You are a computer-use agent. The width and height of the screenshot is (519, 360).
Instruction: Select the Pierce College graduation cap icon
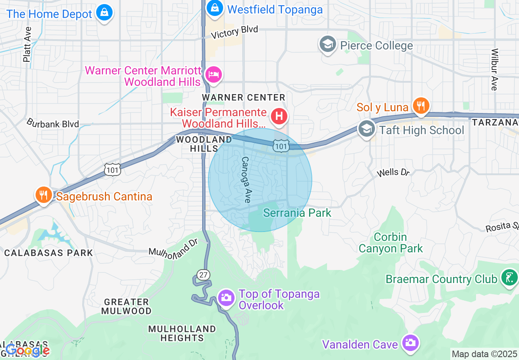327,45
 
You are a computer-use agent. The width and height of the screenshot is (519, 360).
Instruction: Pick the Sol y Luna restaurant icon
420,106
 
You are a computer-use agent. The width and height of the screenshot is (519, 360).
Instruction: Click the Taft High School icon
366,129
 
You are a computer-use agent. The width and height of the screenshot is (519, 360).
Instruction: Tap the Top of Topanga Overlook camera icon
226,298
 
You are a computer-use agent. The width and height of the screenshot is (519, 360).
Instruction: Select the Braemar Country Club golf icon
509,278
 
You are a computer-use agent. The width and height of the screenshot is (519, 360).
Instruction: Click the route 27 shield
203,274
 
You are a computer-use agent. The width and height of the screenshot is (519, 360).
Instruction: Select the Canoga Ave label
246,180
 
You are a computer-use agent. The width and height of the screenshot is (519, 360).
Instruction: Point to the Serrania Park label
297,213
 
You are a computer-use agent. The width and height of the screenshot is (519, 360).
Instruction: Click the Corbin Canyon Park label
390,243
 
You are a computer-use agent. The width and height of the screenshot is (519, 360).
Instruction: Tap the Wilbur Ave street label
494,70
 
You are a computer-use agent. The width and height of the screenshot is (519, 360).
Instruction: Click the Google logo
27,350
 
